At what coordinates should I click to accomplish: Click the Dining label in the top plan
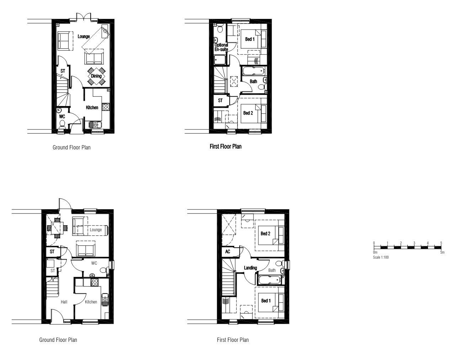(x=96, y=76)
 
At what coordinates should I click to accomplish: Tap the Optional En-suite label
(x=221, y=47)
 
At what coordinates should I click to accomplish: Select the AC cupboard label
(x=227, y=252)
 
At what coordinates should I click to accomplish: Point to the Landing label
(x=250, y=268)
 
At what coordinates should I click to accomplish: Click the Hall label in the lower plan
(x=64, y=302)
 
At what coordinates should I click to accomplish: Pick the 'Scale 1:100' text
(x=381, y=257)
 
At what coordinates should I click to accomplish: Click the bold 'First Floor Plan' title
(x=226, y=147)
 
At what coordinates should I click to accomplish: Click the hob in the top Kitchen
(x=106, y=107)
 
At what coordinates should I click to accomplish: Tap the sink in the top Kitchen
(x=95, y=125)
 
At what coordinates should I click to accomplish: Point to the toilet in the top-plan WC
(x=62, y=124)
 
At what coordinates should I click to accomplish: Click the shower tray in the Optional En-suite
(x=220, y=60)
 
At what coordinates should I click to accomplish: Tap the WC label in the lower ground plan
(x=94, y=263)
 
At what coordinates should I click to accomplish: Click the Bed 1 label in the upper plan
(x=250, y=39)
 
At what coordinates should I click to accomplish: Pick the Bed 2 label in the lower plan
(x=265, y=234)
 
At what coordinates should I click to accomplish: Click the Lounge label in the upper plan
(x=84, y=36)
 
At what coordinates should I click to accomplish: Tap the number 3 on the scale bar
(x=414, y=243)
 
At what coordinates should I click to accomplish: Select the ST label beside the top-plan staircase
(x=63, y=71)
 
